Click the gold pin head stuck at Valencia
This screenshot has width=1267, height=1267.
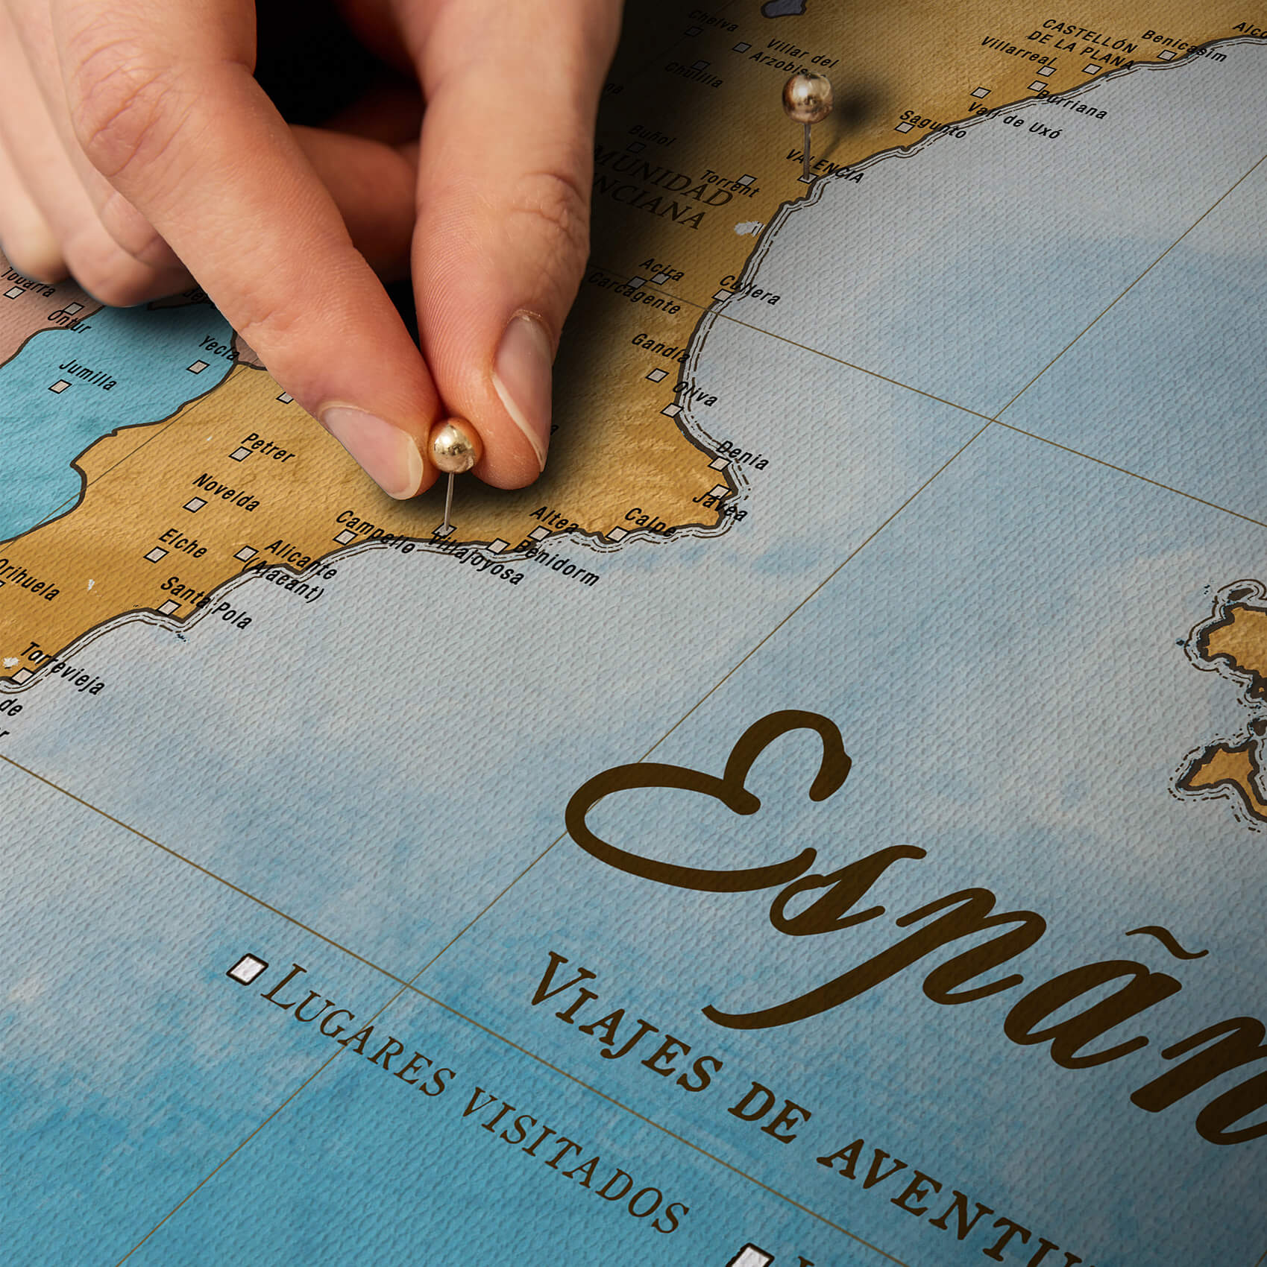pos(807,97)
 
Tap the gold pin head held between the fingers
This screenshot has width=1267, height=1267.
pos(454,446)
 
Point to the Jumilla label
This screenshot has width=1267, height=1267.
pos(88,374)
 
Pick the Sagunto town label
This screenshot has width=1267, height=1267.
pos(933,124)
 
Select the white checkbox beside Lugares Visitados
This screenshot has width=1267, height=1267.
pos(248,969)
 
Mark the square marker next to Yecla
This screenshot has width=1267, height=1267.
pos(198,367)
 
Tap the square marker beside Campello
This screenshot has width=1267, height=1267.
pos(345,536)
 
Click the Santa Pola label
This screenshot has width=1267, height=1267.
pos(207,601)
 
